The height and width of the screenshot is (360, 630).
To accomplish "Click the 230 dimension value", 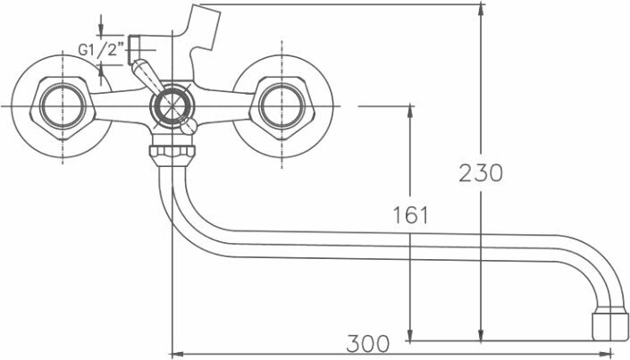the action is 481,172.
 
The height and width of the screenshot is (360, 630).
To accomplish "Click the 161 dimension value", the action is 410,215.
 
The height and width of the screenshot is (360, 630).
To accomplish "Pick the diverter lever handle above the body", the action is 142,73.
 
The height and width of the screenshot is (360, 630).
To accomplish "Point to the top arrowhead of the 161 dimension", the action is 410,110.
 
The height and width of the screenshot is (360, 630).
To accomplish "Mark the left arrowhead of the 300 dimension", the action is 175,350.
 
